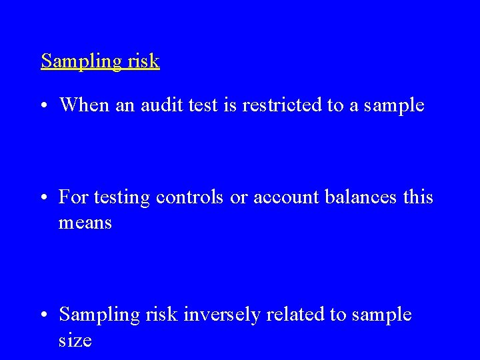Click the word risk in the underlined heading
tap(143, 61)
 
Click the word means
tap(85, 223)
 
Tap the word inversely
tap(219, 315)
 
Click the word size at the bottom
tap(75, 340)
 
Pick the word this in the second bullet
tap(419, 198)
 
